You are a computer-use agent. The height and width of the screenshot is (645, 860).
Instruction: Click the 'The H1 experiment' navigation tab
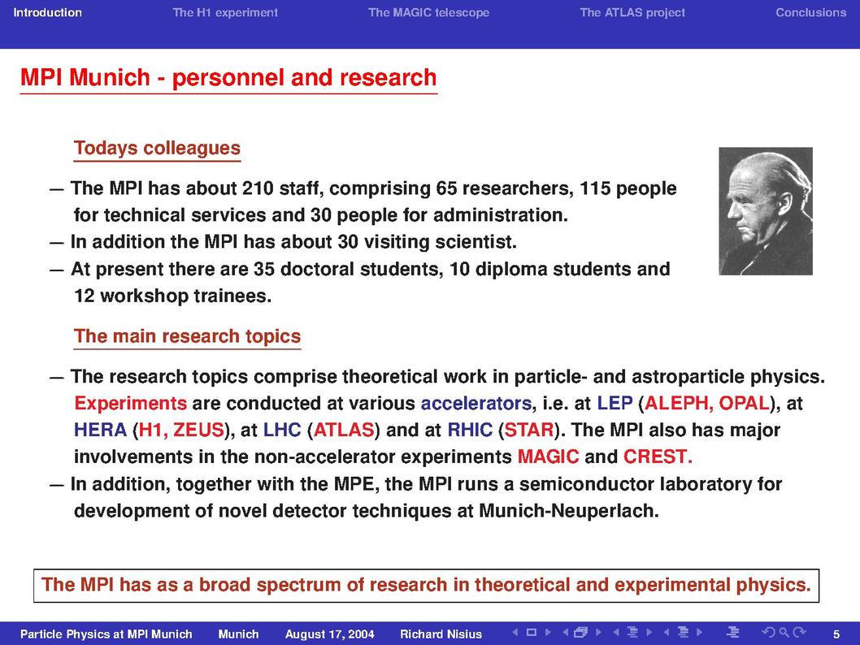[x=225, y=13]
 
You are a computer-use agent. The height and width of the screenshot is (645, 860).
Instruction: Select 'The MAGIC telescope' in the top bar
[x=428, y=13]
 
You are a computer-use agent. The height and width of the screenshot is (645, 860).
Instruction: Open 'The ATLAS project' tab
[x=632, y=13]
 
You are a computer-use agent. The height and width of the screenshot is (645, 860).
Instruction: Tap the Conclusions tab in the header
[x=810, y=13]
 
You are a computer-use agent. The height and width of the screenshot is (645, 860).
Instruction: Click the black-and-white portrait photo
[x=766, y=211]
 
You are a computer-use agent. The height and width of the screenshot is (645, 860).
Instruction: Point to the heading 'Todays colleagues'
[x=158, y=149]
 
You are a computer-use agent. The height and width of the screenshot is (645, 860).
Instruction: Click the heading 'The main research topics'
[x=188, y=336]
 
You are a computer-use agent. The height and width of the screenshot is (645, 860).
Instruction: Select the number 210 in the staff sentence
[x=258, y=188]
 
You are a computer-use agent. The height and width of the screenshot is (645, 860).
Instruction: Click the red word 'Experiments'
[x=131, y=404]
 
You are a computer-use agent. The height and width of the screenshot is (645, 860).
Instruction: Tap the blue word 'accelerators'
[x=476, y=404]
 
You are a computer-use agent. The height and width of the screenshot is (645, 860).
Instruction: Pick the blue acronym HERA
[x=100, y=431]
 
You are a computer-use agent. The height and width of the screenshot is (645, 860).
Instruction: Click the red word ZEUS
[x=198, y=431]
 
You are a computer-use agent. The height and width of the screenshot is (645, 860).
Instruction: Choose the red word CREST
[x=658, y=457]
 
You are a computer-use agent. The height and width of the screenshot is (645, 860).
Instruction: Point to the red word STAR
[x=528, y=431]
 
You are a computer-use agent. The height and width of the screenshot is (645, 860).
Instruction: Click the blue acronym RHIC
[x=470, y=431]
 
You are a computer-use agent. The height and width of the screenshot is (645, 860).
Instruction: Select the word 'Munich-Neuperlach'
[x=569, y=511]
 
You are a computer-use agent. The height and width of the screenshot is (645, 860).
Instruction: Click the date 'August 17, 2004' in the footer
[x=330, y=634]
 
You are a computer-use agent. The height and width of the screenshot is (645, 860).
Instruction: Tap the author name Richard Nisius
[x=441, y=634]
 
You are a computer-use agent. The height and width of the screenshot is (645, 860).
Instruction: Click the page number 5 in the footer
[x=836, y=634]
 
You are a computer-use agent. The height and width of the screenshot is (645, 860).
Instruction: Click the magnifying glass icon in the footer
[x=784, y=633]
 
